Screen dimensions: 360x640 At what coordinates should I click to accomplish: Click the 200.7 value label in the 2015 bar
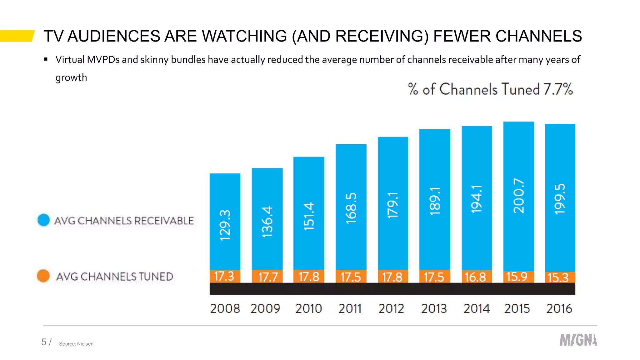[x=518, y=196]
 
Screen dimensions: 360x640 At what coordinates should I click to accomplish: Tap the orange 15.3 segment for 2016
[x=560, y=277]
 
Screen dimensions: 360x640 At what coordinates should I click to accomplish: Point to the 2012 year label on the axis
[x=391, y=309]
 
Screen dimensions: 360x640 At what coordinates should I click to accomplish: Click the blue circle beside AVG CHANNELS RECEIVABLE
[x=43, y=220]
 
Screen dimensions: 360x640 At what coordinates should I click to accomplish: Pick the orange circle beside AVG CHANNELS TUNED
[x=43, y=276]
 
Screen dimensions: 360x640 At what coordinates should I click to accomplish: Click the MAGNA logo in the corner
[x=578, y=340]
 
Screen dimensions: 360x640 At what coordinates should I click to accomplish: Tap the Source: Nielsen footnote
[x=76, y=344]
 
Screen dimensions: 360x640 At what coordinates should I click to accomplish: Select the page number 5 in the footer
[x=44, y=342]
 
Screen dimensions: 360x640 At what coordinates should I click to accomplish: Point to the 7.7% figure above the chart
[x=558, y=89]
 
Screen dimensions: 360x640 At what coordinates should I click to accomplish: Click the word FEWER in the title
[x=462, y=36]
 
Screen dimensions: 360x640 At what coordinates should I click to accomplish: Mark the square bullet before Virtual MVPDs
[x=46, y=59]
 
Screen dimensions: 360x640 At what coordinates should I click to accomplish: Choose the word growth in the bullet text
[x=71, y=77]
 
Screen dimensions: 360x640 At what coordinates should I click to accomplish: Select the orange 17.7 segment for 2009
[x=267, y=277]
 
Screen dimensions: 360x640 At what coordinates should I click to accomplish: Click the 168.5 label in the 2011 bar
[x=351, y=208]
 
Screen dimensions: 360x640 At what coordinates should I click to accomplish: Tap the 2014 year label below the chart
[x=476, y=309]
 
